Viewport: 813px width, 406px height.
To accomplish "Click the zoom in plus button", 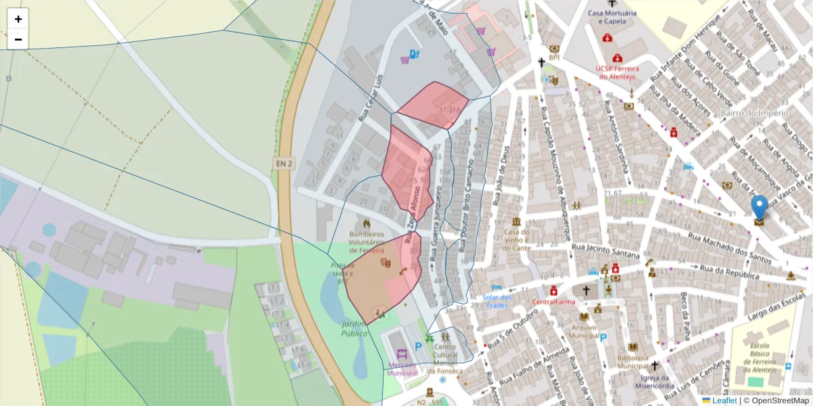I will tap(18, 19).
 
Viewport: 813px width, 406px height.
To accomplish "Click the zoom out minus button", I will tap(18, 39).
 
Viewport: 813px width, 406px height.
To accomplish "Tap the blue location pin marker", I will tap(759, 208).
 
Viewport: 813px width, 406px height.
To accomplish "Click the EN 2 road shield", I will tap(285, 163).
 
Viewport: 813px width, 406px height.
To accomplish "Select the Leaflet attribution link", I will tap(724, 401).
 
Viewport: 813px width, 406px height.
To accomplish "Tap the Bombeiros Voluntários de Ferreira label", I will tap(367, 241).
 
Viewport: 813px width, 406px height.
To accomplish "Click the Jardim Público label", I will tap(354, 329).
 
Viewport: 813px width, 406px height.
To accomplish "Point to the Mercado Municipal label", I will tap(402, 368).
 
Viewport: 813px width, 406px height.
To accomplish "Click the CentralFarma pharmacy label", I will tap(554, 301).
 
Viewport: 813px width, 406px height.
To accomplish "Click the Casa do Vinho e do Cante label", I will tap(516, 240).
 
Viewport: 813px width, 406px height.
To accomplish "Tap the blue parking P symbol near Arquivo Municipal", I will tap(603, 336).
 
